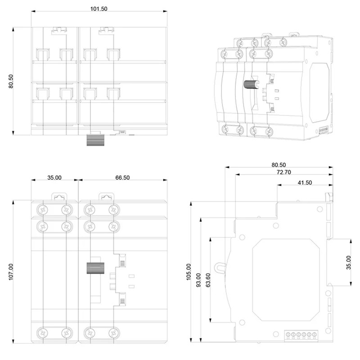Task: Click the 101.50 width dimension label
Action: coord(99,9)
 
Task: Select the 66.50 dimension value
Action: coord(122,178)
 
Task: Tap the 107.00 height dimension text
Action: coord(11,272)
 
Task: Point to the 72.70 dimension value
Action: coord(284,172)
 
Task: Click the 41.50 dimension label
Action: coord(305,183)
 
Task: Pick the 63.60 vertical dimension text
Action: coord(208,280)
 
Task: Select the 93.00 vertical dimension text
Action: coord(198,280)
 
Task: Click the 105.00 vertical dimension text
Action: coord(189,272)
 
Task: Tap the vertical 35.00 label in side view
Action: coord(349,262)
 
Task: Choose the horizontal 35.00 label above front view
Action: coord(54,178)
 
